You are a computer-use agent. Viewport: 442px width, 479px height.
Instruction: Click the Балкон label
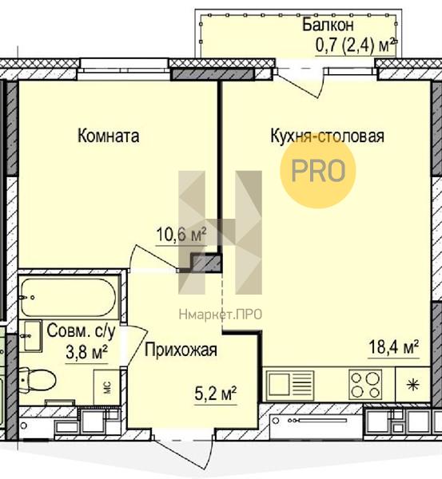(328, 25)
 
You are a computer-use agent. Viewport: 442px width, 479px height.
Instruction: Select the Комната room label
(108, 136)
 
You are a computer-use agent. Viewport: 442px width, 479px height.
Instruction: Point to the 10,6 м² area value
(181, 235)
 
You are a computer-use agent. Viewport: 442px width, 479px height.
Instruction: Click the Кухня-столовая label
(327, 136)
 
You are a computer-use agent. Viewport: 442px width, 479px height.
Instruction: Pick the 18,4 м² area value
(393, 347)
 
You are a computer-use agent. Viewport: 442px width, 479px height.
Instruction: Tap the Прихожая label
(181, 350)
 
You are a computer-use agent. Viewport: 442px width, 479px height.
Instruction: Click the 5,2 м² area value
(216, 394)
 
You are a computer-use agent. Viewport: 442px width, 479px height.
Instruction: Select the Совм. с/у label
(82, 331)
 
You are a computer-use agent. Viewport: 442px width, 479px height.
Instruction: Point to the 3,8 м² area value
(86, 353)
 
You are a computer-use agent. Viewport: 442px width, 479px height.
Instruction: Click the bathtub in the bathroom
(69, 297)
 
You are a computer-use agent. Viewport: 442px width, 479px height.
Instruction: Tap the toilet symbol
(38, 379)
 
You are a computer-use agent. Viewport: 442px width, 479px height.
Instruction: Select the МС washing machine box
(106, 387)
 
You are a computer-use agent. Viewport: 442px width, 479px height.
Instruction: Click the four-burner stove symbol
(365, 385)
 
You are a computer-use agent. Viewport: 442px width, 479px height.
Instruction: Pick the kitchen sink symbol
(290, 385)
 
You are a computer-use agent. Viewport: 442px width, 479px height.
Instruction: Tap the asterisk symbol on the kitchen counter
(413, 385)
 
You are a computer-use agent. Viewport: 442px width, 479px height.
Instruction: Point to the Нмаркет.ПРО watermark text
(221, 315)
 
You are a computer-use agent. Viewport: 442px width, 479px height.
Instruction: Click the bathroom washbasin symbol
(31, 336)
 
